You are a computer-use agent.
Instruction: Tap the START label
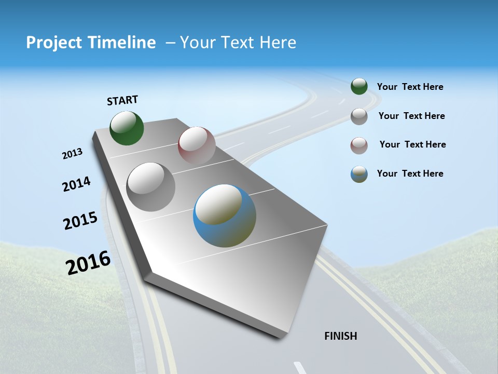click(122, 100)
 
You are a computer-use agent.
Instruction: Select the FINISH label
click(341, 336)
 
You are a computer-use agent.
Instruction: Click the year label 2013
click(72, 154)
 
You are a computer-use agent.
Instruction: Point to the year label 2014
click(76, 184)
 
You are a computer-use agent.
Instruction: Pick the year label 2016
click(88, 263)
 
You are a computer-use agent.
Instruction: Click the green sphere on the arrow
click(127, 128)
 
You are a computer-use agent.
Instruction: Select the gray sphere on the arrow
click(151, 187)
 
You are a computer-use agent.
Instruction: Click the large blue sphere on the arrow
click(225, 216)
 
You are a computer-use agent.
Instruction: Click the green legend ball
click(359, 86)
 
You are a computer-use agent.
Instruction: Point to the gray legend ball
click(359, 116)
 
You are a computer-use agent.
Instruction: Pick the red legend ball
click(359, 145)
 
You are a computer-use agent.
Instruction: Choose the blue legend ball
click(359, 174)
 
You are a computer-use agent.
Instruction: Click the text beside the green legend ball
click(410, 87)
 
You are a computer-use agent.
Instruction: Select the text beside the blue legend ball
click(410, 173)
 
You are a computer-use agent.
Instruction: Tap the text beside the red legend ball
click(412, 144)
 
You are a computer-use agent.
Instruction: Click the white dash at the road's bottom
click(300, 368)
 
